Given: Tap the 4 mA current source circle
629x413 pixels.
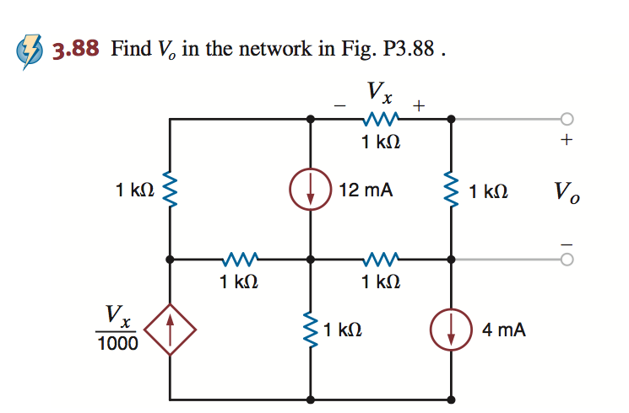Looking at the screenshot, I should (x=451, y=330).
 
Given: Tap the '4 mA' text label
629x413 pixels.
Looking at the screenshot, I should (x=504, y=330).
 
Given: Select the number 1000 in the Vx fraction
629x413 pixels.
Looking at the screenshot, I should (x=117, y=343).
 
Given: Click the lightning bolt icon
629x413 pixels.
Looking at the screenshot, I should (x=30, y=49).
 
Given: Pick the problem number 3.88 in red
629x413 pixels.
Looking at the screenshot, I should (x=78, y=49).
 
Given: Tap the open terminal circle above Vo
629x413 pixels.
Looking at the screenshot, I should (x=567, y=119).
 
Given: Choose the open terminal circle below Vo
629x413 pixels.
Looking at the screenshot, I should (x=567, y=260).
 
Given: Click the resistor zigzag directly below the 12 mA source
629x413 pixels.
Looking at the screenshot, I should (x=310, y=330).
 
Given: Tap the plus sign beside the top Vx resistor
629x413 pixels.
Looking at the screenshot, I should (x=419, y=105).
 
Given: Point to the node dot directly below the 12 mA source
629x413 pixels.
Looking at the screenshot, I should (x=310, y=260).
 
